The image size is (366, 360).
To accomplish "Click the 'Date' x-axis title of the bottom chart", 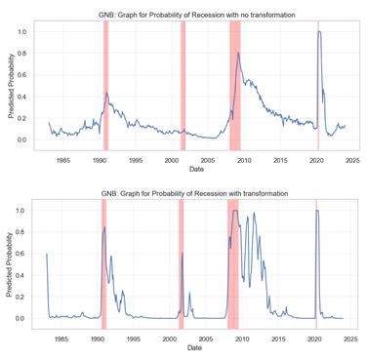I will click(x=195, y=348).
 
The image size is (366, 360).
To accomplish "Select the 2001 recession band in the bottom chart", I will click(x=181, y=264).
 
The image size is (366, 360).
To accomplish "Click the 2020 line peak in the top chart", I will click(x=319, y=33).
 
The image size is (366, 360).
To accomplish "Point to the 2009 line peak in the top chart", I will click(x=238, y=53).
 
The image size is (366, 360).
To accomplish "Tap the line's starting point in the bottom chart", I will click(x=46, y=254).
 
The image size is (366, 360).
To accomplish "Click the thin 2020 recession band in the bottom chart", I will click(x=316, y=264).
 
